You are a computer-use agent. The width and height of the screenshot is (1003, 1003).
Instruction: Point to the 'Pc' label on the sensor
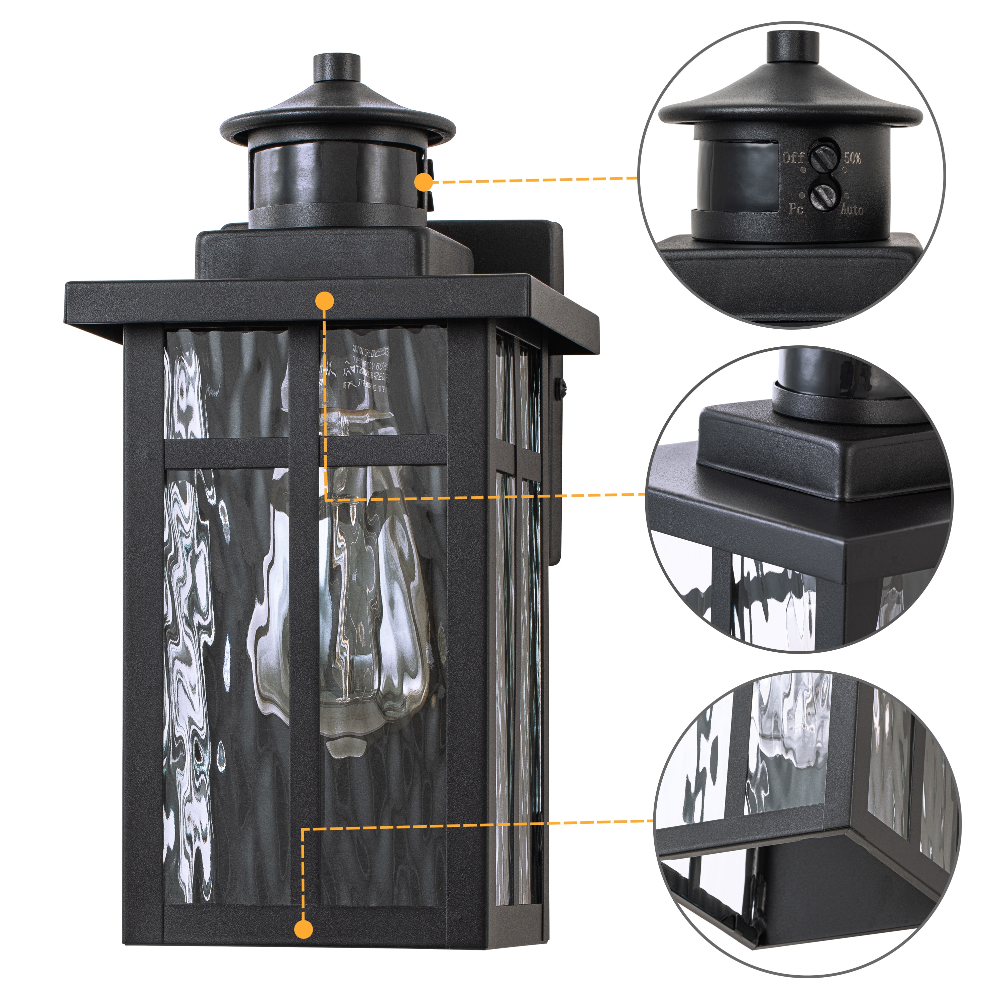click(796, 209)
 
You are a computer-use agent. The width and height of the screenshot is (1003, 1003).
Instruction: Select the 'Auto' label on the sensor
click(852, 209)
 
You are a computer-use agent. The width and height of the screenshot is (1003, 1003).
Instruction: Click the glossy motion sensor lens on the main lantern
click(332, 174)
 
